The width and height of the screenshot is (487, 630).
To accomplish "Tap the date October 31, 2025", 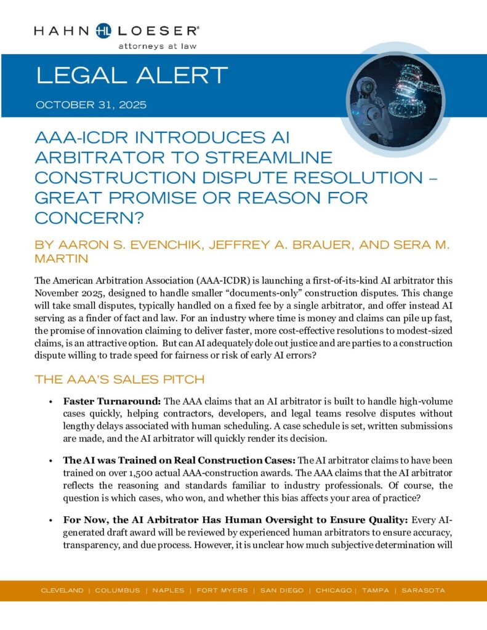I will pyautogui.click(x=91, y=105).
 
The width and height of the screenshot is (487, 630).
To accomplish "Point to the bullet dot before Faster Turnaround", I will pyautogui.click(x=50, y=402).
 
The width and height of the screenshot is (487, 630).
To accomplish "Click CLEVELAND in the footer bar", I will pyautogui.click(x=62, y=591).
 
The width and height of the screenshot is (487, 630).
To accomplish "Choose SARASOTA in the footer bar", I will pyautogui.click(x=424, y=591).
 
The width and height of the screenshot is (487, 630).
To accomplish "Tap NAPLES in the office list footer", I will pyautogui.click(x=168, y=591).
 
